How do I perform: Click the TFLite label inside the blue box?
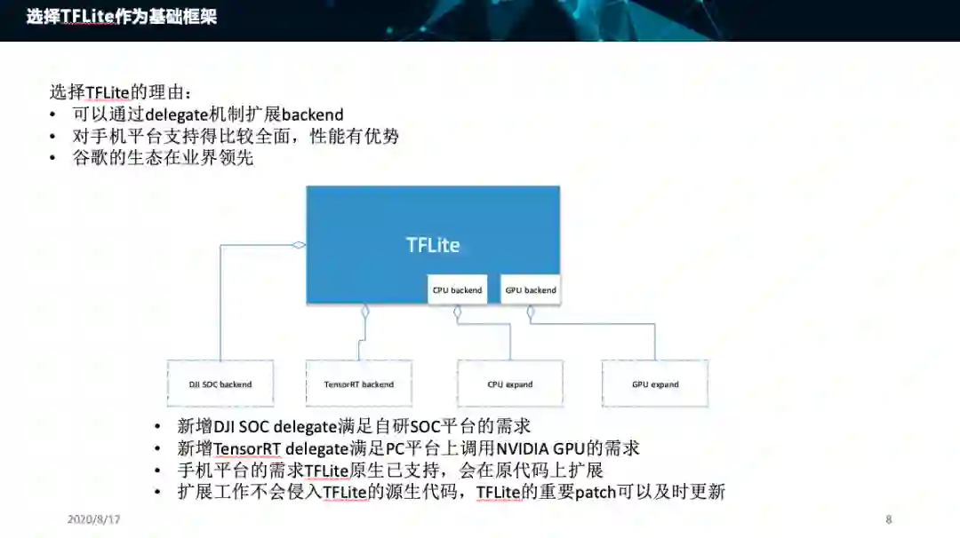click(433, 245)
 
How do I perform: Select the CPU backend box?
click(457, 290)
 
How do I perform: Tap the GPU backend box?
click(531, 290)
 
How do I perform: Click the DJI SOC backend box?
click(220, 384)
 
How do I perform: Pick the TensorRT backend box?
click(359, 384)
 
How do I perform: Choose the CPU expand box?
click(510, 384)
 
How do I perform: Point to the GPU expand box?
click(655, 384)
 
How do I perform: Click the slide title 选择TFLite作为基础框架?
click(121, 17)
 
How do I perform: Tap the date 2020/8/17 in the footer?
click(93, 519)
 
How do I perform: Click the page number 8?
click(888, 519)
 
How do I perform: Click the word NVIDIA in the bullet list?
click(527, 448)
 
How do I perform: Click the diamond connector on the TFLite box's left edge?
click(300, 245)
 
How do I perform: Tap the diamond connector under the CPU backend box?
click(457, 313)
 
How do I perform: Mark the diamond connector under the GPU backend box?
click(531, 313)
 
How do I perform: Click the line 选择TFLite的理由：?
click(119, 92)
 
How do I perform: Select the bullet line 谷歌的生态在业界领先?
click(163, 158)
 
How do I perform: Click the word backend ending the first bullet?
click(312, 115)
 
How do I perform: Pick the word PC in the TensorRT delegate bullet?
click(395, 448)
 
